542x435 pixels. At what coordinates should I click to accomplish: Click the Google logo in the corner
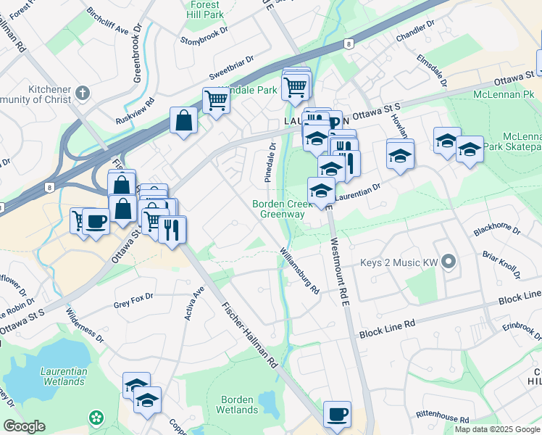25,426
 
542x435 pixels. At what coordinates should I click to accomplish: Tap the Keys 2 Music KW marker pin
449,262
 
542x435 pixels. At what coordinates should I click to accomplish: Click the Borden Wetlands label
237,405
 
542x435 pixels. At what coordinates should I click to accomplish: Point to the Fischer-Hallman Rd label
250,333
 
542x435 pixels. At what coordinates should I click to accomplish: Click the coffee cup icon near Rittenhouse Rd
337,415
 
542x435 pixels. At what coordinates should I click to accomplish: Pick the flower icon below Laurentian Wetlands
96,418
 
